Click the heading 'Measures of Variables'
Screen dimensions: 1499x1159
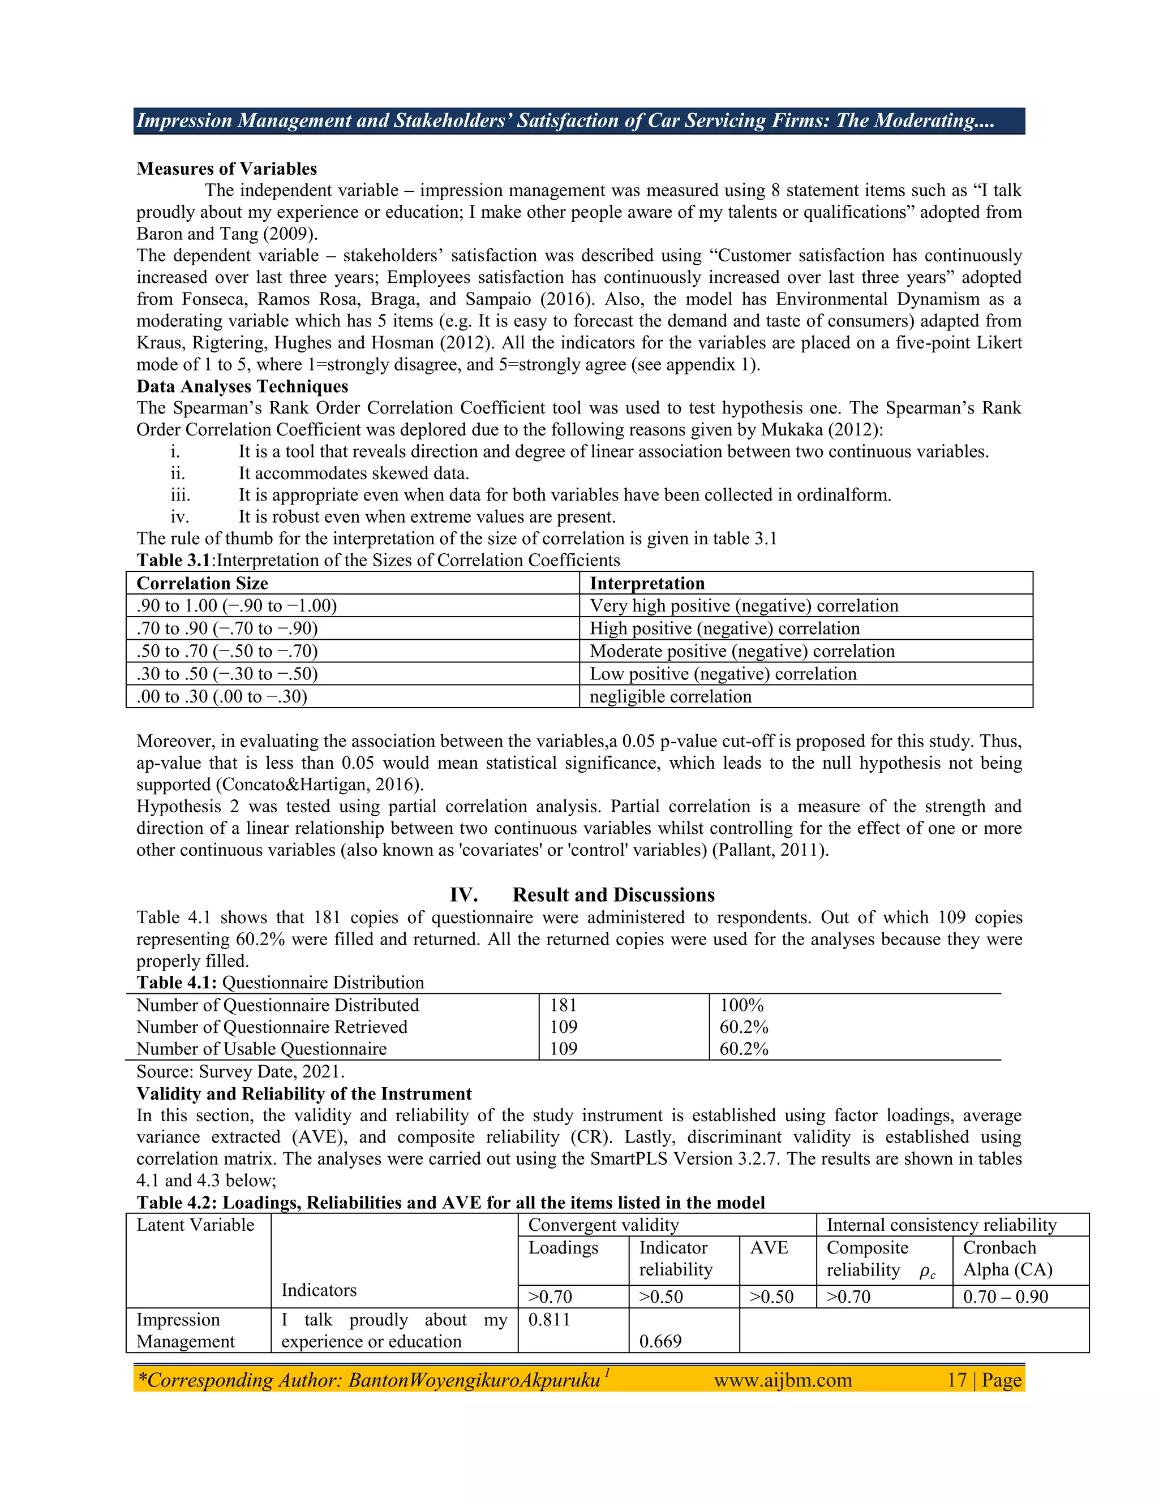pyautogui.click(x=226, y=169)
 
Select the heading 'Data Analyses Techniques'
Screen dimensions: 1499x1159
pyautogui.click(x=242, y=386)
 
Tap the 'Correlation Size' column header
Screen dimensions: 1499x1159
pyautogui.click(x=202, y=583)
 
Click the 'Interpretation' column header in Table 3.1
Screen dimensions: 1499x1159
pyautogui.click(x=647, y=583)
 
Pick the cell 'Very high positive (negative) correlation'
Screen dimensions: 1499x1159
pyautogui.click(x=744, y=606)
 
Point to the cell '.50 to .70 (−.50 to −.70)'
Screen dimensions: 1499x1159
pyautogui.click(x=227, y=651)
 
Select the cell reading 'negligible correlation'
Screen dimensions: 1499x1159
pyautogui.click(x=670, y=697)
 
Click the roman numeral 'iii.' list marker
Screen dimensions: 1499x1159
pyautogui.click(x=181, y=496)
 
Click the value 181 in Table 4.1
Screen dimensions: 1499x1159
pyautogui.click(x=563, y=1006)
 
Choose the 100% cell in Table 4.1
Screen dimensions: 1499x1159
pyautogui.click(x=741, y=1006)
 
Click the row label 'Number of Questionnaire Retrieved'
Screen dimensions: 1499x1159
pyautogui.click(x=272, y=1027)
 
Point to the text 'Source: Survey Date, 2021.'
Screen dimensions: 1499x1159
pyautogui.click(x=241, y=1071)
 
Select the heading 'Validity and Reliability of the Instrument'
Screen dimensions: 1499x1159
pyautogui.click(x=304, y=1094)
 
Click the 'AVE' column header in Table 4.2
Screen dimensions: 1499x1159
pyautogui.click(x=769, y=1248)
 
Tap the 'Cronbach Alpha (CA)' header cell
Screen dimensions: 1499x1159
pyautogui.click(x=1007, y=1259)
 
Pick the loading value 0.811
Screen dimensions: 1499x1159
pyautogui.click(x=550, y=1320)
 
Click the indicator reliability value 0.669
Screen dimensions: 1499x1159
pyautogui.click(x=660, y=1341)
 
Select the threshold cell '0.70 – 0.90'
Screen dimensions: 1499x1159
pyautogui.click(x=1005, y=1297)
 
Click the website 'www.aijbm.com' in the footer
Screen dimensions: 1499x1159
pyautogui.click(x=783, y=1380)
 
